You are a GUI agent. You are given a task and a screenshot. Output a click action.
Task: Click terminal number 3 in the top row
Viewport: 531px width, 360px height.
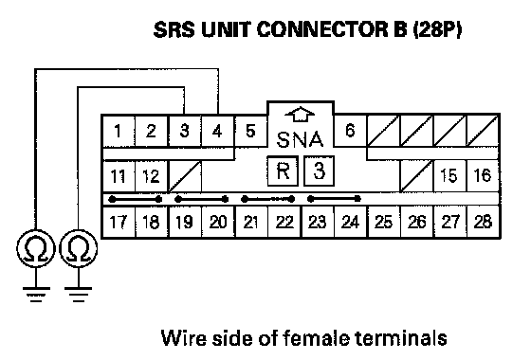coord(185,131)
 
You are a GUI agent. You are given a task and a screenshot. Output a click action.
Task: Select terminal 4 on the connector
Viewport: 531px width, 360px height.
coord(217,131)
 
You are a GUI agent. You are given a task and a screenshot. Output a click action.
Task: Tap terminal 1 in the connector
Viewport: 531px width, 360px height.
coord(119,131)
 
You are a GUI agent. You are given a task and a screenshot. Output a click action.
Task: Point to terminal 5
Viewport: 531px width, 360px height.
coord(250,131)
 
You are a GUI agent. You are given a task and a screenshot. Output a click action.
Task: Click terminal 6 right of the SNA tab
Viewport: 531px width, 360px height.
coord(350,131)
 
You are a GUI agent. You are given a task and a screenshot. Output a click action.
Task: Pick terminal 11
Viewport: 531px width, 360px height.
coord(119,176)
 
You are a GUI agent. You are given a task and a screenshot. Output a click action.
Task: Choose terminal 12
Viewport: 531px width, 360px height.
coord(151,176)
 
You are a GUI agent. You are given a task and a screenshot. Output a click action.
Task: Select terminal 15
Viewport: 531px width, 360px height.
coord(449,175)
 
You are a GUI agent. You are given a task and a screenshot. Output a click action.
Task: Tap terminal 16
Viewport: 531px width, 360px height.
coord(483,175)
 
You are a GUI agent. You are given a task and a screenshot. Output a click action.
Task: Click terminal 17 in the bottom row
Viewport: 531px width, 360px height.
coord(119,222)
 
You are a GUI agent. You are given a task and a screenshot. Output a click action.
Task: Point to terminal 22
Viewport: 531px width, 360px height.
coord(284,222)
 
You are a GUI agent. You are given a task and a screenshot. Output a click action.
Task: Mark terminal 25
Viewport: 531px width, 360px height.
coord(383,222)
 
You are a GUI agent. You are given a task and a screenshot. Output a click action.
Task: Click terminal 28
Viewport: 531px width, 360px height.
coord(483,222)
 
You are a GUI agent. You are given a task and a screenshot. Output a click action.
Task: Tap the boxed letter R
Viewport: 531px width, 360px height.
coord(283,171)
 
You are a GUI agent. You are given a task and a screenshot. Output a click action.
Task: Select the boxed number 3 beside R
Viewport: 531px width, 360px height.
coord(319,171)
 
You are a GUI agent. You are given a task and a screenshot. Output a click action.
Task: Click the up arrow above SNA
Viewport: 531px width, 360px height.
coord(301,115)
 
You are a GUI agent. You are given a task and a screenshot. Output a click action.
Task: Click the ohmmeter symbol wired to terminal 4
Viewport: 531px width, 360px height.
coord(36,248)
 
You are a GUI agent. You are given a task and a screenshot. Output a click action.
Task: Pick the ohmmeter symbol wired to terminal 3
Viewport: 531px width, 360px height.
coord(78,248)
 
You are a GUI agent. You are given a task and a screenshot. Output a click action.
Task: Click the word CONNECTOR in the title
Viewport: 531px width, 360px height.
coord(322,29)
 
